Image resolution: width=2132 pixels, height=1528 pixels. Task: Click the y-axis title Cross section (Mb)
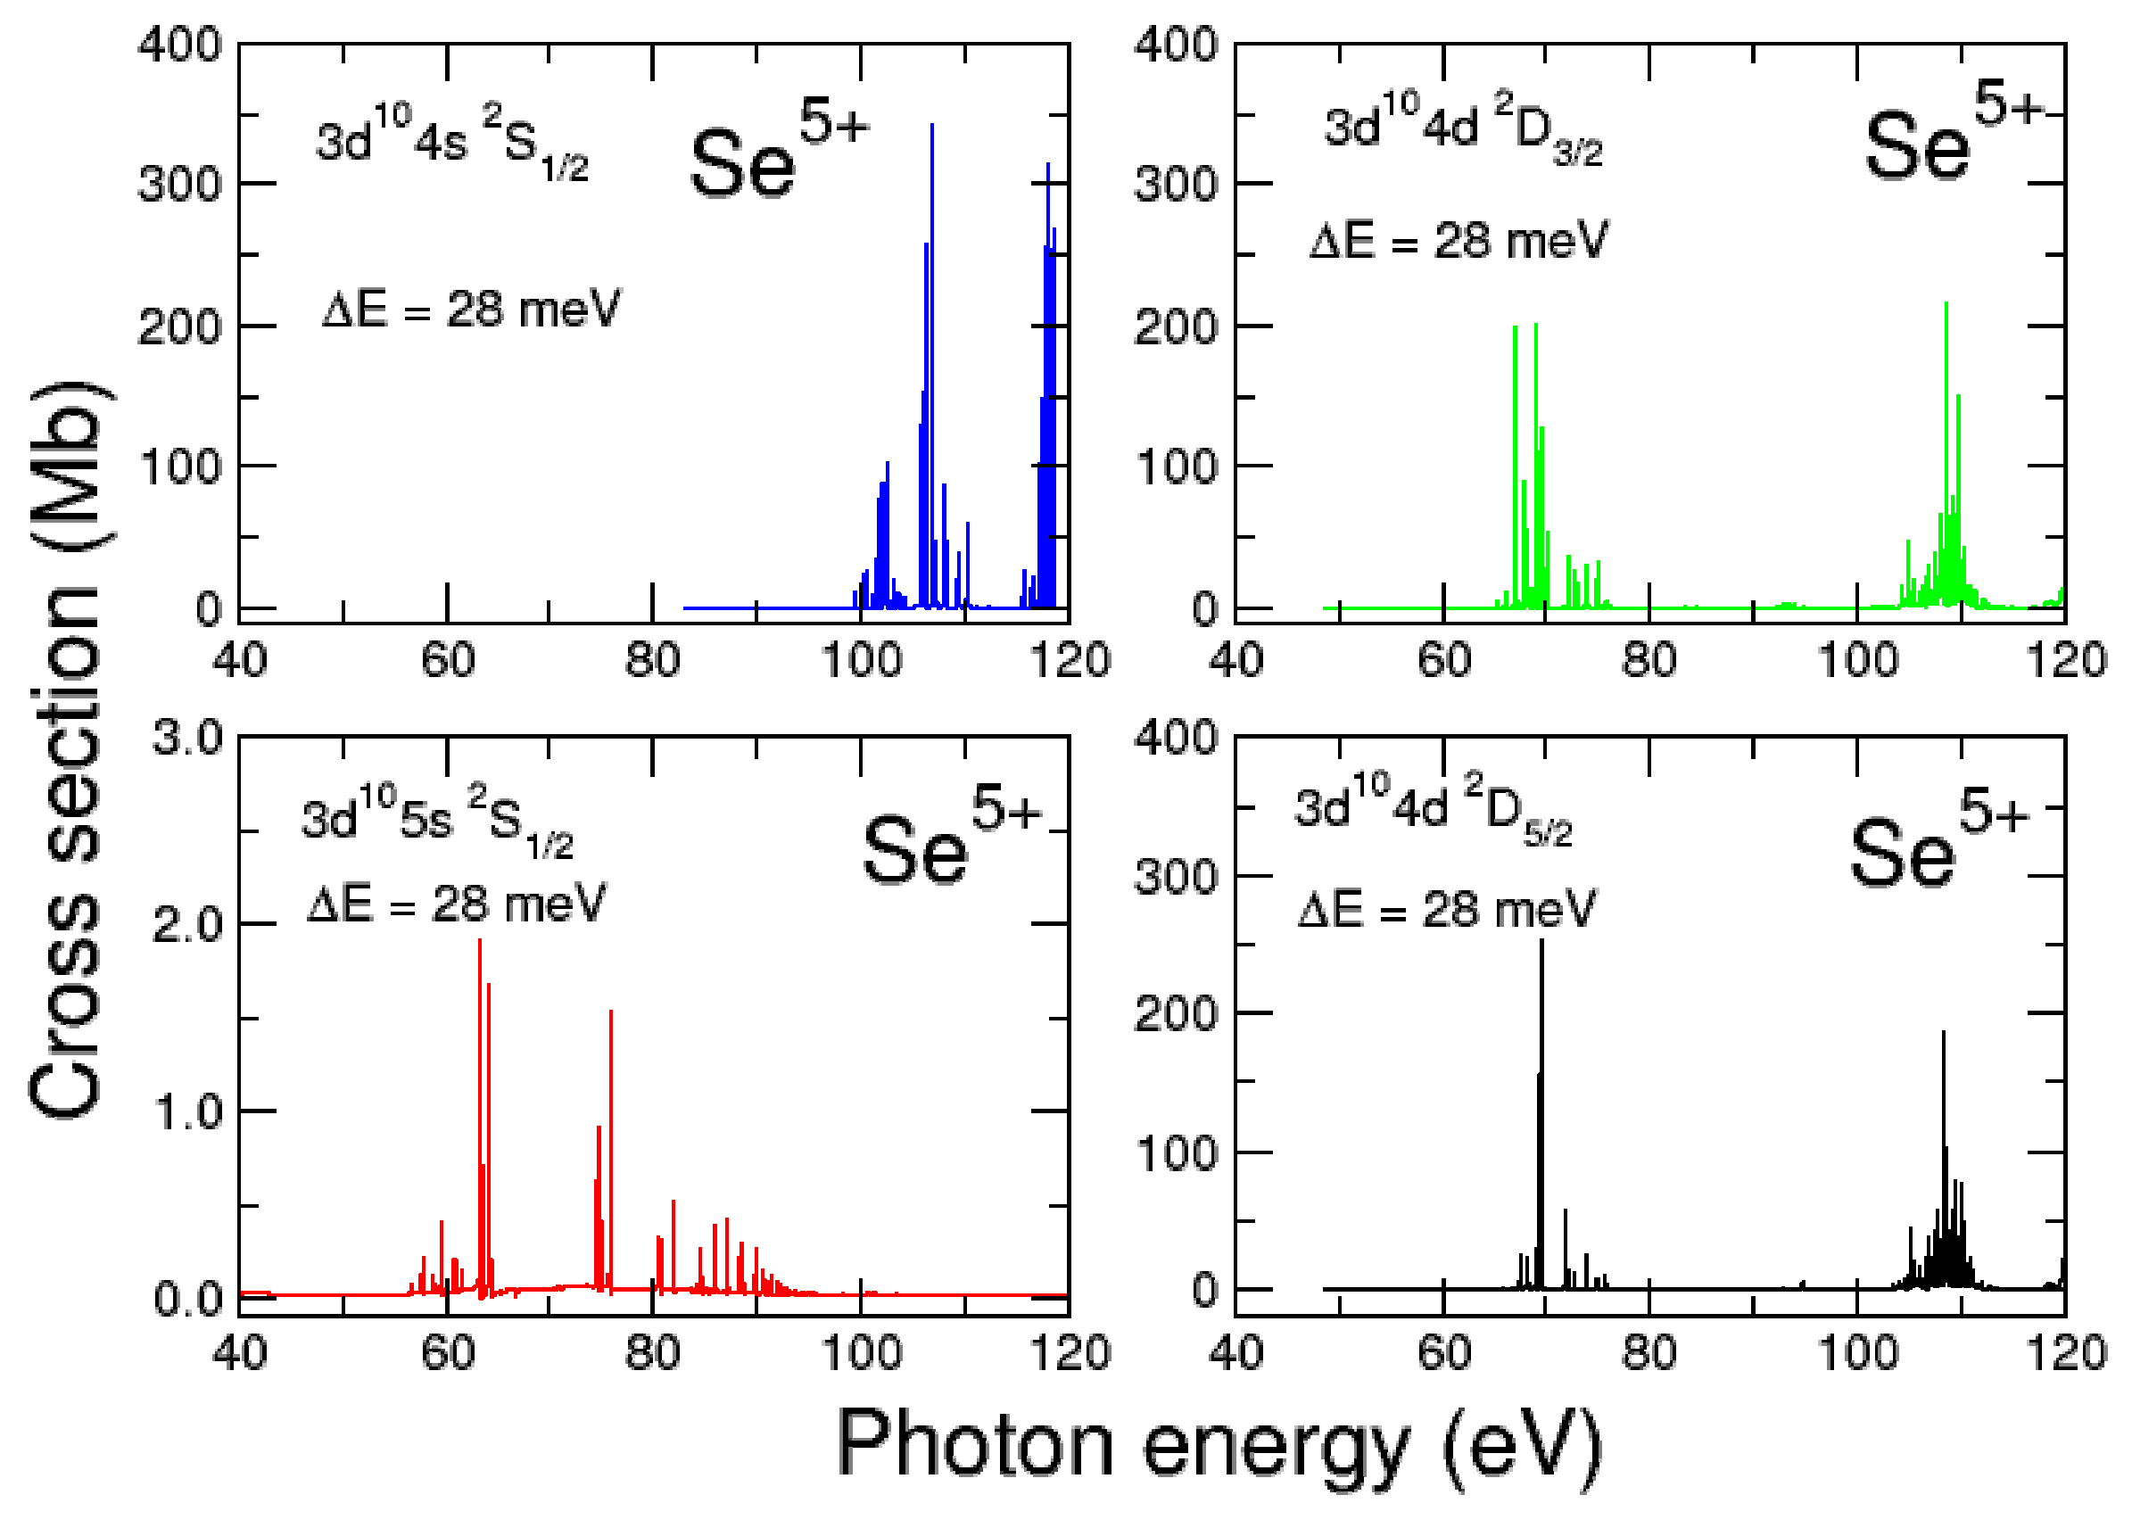click(66, 752)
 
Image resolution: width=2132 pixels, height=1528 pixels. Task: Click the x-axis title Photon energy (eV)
click(1219, 1447)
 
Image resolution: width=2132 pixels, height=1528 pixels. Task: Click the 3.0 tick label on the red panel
click(188, 739)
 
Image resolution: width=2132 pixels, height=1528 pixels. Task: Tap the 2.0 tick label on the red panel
click(188, 927)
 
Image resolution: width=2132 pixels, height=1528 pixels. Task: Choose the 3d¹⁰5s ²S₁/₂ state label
click(437, 822)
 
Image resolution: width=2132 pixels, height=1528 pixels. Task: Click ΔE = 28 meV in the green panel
click(1459, 243)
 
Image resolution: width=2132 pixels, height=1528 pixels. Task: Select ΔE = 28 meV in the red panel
click(457, 906)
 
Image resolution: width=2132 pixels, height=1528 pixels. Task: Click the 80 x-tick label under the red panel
click(652, 1353)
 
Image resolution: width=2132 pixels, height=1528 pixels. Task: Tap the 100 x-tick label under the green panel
click(1857, 661)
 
